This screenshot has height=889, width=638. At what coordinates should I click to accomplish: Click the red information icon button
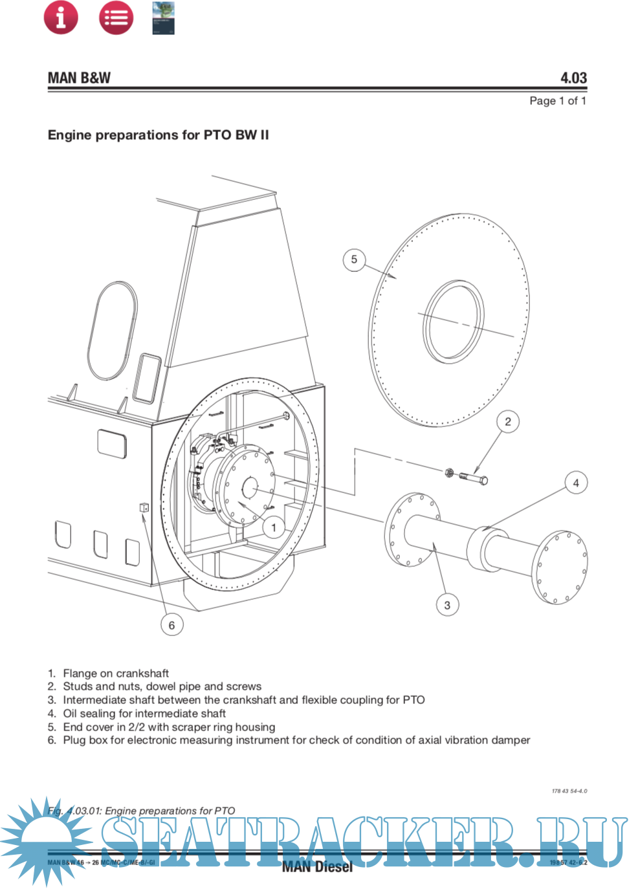(x=61, y=17)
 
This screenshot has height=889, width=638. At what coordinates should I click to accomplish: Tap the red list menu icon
(x=116, y=17)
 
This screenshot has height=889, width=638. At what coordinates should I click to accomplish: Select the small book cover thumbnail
(x=163, y=17)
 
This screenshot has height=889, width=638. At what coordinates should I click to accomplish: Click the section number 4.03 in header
(x=573, y=78)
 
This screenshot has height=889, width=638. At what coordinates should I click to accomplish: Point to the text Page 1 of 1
(x=557, y=101)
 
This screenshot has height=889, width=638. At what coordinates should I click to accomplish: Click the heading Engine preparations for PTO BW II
(x=158, y=135)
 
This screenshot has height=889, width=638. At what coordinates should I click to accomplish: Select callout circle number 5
(x=354, y=259)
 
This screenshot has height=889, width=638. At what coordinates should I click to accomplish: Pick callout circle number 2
(x=508, y=422)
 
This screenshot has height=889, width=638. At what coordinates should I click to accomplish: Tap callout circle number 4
(x=576, y=483)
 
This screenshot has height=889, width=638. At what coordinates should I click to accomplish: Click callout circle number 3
(x=447, y=606)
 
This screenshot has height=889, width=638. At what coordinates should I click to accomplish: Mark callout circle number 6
(x=171, y=625)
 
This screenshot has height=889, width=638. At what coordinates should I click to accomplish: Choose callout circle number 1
(x=274, y=527)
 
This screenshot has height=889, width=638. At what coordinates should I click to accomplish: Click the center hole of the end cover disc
(x=455, y=321)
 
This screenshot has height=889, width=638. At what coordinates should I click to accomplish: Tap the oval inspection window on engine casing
(x=113, y=330)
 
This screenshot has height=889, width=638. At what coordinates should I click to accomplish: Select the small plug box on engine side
(x=144, y=508)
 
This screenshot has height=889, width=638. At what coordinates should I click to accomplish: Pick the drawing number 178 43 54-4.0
(x=569, y=791)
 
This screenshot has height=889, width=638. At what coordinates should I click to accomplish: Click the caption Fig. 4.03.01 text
(x=141, y=811)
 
